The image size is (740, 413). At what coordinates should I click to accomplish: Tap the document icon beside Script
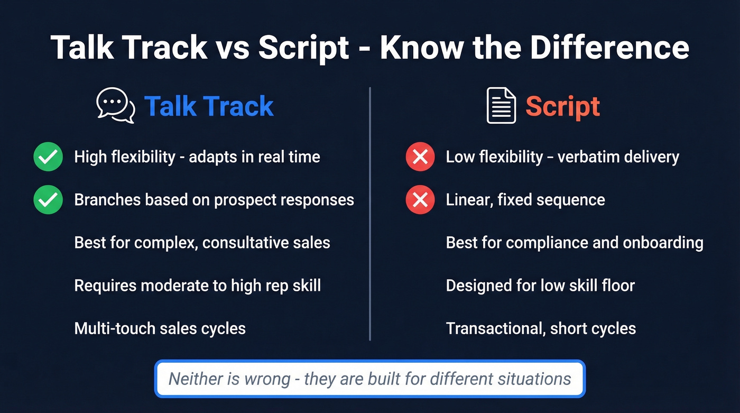click(x=501, y=106)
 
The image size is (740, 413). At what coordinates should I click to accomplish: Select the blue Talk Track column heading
click(x=209, y=106)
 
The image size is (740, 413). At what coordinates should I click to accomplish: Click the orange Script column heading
click(x=562, y=106)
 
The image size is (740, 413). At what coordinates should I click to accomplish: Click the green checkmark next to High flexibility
click(x=48, y=157)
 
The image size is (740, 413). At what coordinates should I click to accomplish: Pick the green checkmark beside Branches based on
click(x=48, y=200)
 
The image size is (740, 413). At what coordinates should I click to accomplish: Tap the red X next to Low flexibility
click(x=420, y=157)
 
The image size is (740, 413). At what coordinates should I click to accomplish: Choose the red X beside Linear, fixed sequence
click(x=420, y=200)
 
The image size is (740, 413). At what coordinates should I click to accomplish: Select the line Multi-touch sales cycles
click(x=160, y=328)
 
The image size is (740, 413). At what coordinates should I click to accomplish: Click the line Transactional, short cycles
click(x=541, y=328)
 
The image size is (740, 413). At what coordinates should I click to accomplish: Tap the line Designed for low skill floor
click(x=540, y=286)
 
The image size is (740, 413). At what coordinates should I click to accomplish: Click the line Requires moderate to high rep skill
click(x=197, y=286)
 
